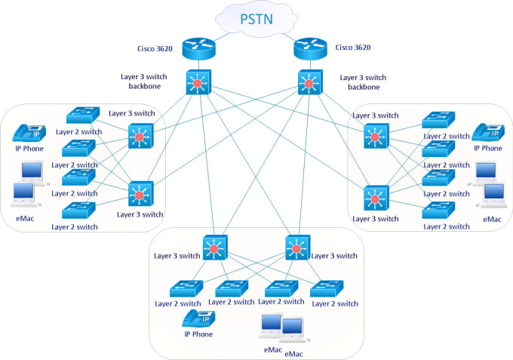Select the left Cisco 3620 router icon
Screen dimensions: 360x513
point(201,48)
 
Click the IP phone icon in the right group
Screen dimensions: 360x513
point(487,132)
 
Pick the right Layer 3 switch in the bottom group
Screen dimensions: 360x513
point(296,248)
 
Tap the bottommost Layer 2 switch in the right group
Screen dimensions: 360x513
point(438,210)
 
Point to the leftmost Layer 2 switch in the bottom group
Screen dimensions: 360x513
point(186,289)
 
